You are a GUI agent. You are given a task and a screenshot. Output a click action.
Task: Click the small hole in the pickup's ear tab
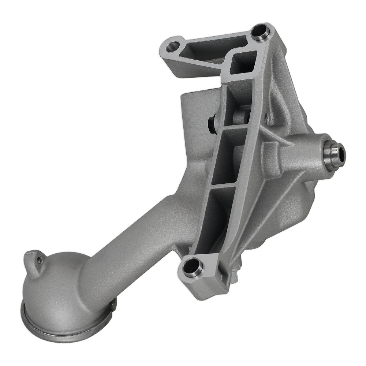tap(40, 260)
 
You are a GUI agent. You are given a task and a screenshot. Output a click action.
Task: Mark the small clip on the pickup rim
tap(113, 305)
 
